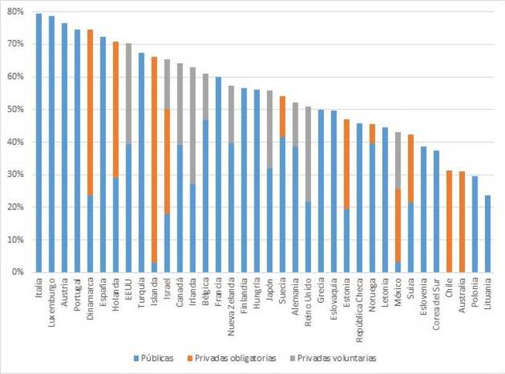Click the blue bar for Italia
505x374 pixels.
pyautogui.click(x=39, y=143)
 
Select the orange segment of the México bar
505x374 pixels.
pyautogui.click(x=398, y=225)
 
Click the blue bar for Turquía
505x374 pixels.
pyautogui.click(x=142, y=162)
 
